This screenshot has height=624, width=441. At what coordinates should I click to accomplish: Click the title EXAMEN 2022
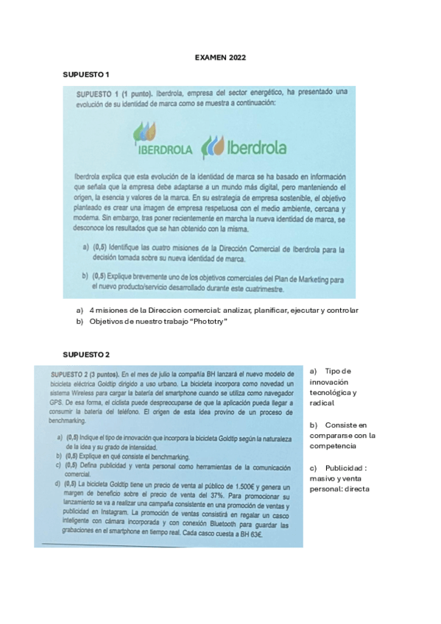[220, 57]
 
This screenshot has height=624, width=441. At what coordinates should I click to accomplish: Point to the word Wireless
[81, 394]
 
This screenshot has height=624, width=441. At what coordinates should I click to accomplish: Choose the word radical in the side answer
[322, 403]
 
